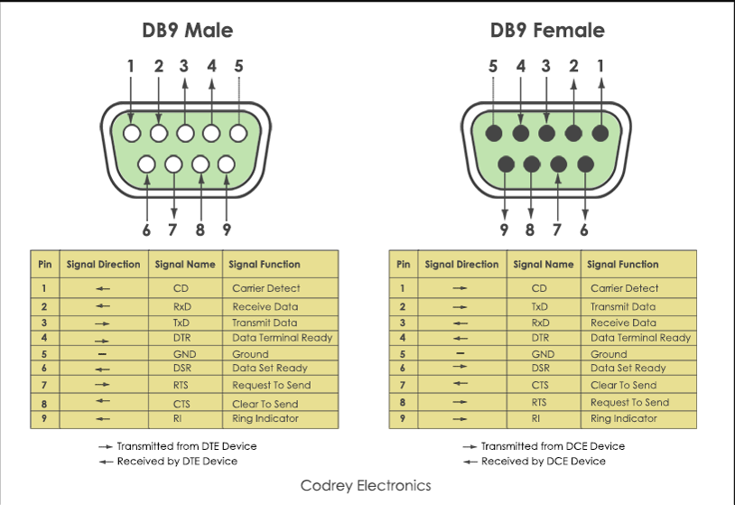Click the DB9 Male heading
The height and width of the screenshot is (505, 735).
[187, 31]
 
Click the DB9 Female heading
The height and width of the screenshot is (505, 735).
[547, 31]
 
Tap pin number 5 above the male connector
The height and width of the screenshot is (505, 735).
[238, 66]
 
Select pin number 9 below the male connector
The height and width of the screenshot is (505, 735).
[226, 229]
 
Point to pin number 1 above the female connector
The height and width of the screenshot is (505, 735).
[601, 66]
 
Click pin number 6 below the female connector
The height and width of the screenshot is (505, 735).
[584, 229]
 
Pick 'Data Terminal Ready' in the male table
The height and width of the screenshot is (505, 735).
[283, 338]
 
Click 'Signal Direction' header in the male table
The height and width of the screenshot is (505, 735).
[103, 265]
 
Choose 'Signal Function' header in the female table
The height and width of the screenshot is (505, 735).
[622, 265]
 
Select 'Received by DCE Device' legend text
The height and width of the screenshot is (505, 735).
[543, 462]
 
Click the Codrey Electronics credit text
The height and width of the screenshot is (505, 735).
[366, 486]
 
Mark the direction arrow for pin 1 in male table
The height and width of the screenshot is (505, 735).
[103, 289]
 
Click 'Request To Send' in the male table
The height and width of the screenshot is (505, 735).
[271, 385]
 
